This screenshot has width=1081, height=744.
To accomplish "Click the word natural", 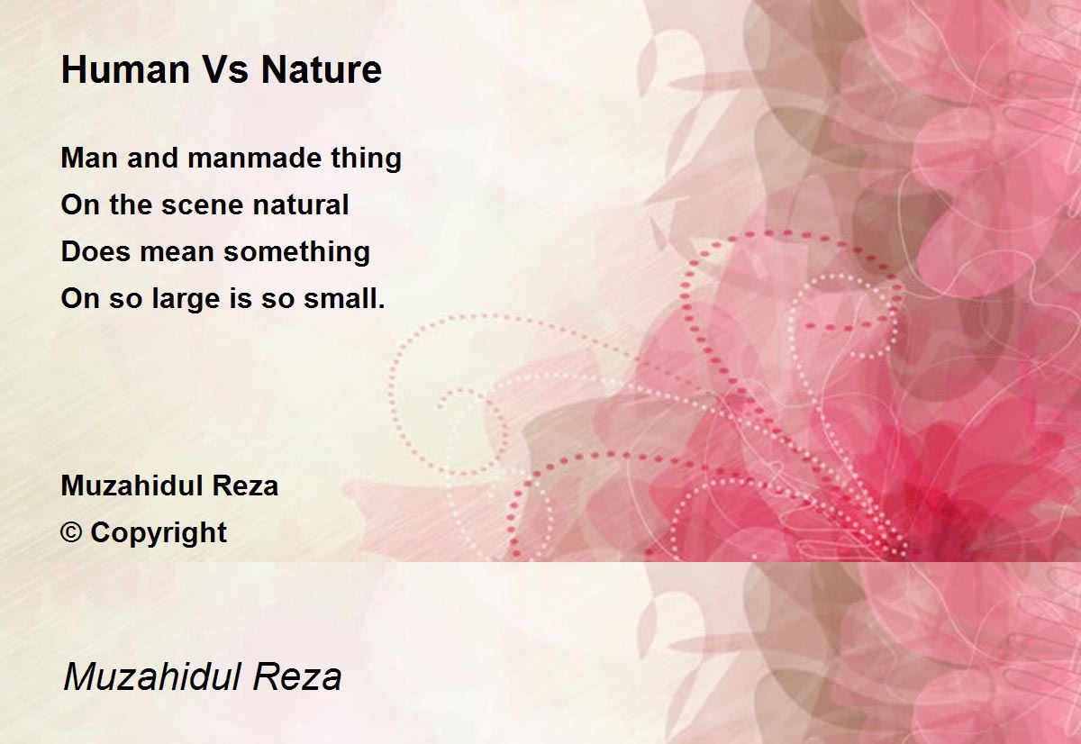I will click(x=300, y=205).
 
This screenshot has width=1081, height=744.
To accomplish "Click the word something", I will click(x=297, y=253).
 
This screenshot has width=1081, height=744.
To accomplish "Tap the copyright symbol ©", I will click(x=71, y=533).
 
